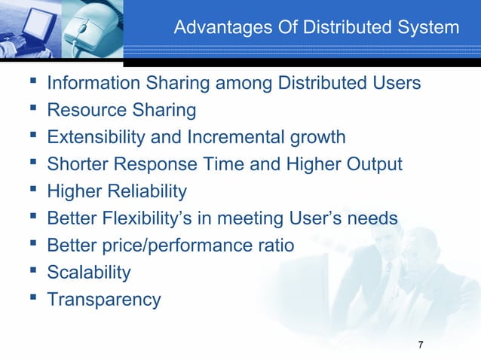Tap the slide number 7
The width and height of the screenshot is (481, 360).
click(x=420, y=345)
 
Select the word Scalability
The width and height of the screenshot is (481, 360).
click(x=89, y=273)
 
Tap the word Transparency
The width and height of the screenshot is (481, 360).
click(x=104, y=300)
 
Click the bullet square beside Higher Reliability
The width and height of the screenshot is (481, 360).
click(x=30, y=191)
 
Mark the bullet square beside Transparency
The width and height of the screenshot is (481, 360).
click(x=30, y=299)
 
